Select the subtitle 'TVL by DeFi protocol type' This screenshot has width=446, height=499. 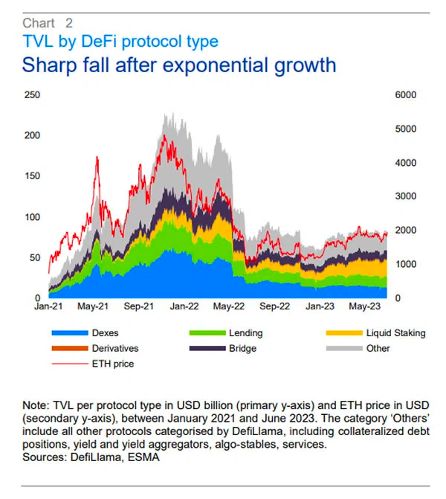pos(120,41)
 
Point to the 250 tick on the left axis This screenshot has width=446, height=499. pos(33,95)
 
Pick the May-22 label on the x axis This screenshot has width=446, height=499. pos(229,306)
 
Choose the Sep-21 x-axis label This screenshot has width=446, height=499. pos(138,306)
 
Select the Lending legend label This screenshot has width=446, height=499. pos(245,333)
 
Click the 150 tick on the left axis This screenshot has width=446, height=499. pos(33,176)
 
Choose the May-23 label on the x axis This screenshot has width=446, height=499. pos(365,306)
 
